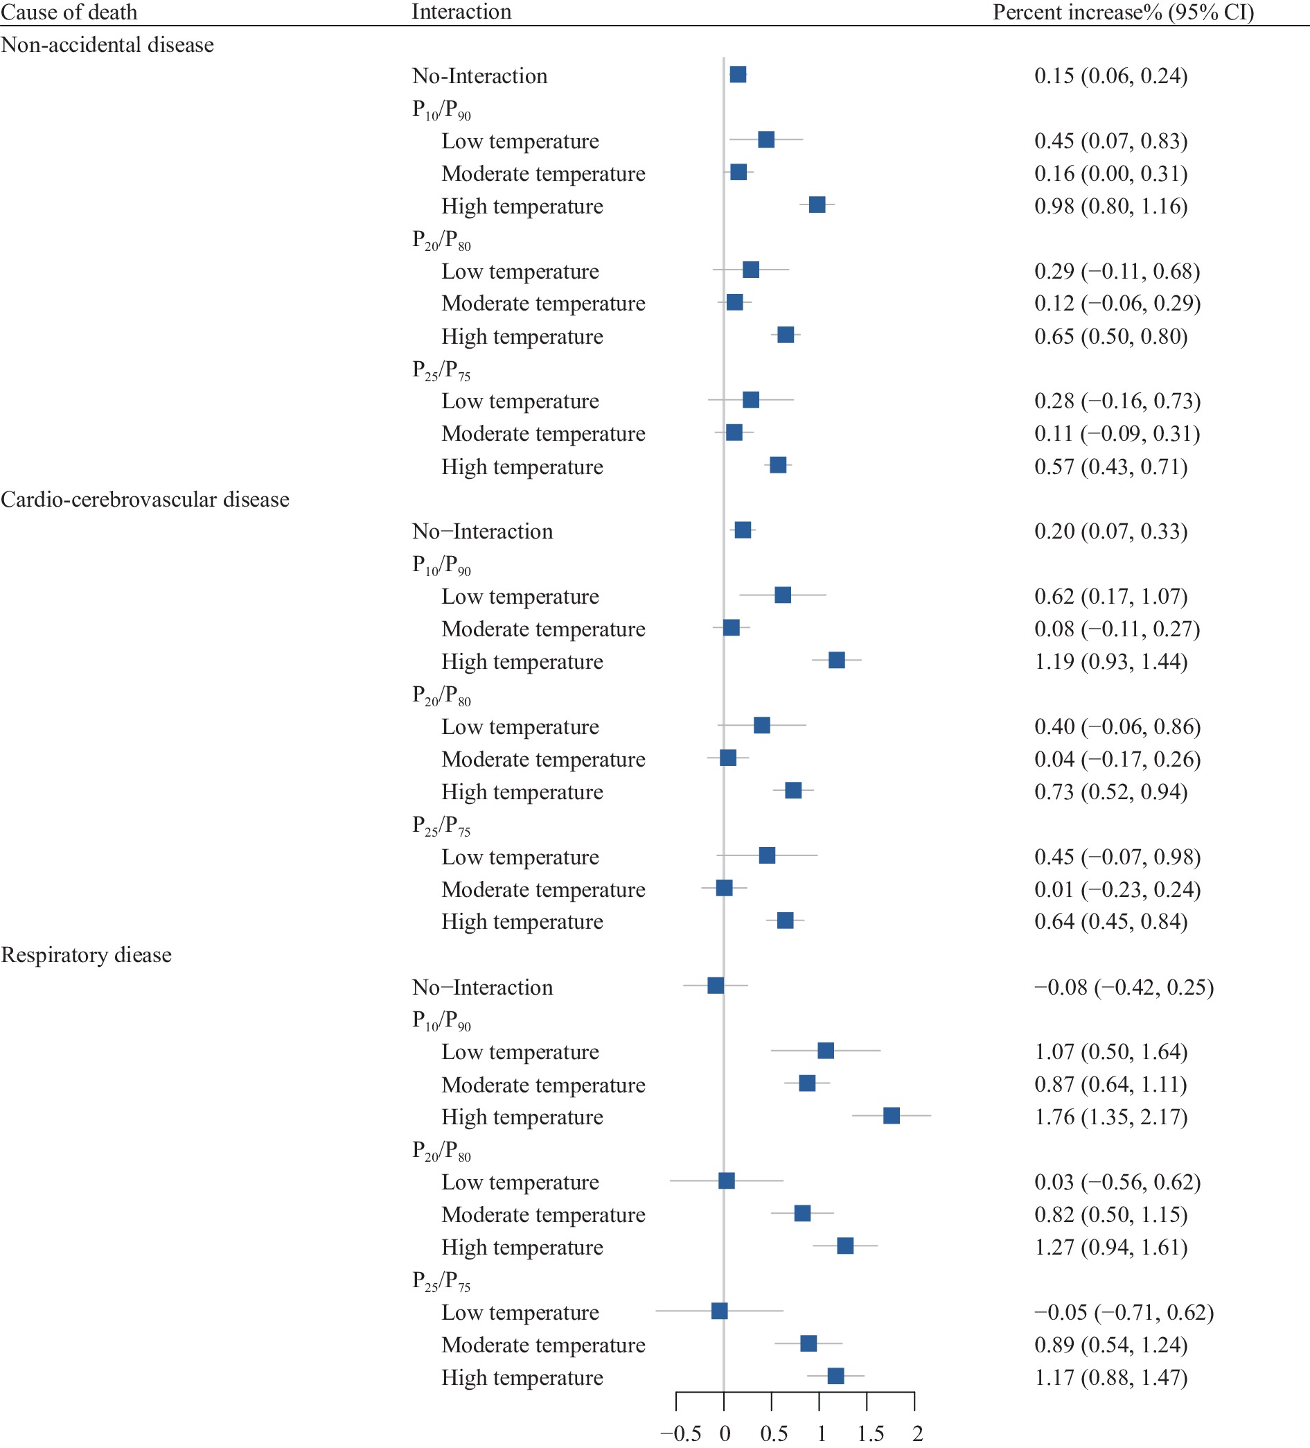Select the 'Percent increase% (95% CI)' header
coord(1124,12)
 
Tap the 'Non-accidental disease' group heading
coord(107,44)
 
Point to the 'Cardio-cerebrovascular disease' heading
coord(145,499)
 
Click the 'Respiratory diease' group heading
coord(86,954)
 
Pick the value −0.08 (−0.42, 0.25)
coord(1124,987)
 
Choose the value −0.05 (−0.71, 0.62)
coord(1124,1312)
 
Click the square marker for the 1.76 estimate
coord(892,1115)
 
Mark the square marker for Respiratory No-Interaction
coord(716,986)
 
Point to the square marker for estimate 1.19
coord(837,660)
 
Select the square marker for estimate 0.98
coord(817,204)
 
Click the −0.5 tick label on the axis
coord(680,1433)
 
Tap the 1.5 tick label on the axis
coord(871,1433)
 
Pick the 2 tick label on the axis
coord(917,1433)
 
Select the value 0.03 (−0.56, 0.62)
coord(1117,1182)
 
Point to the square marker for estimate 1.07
coord(826,1051)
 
